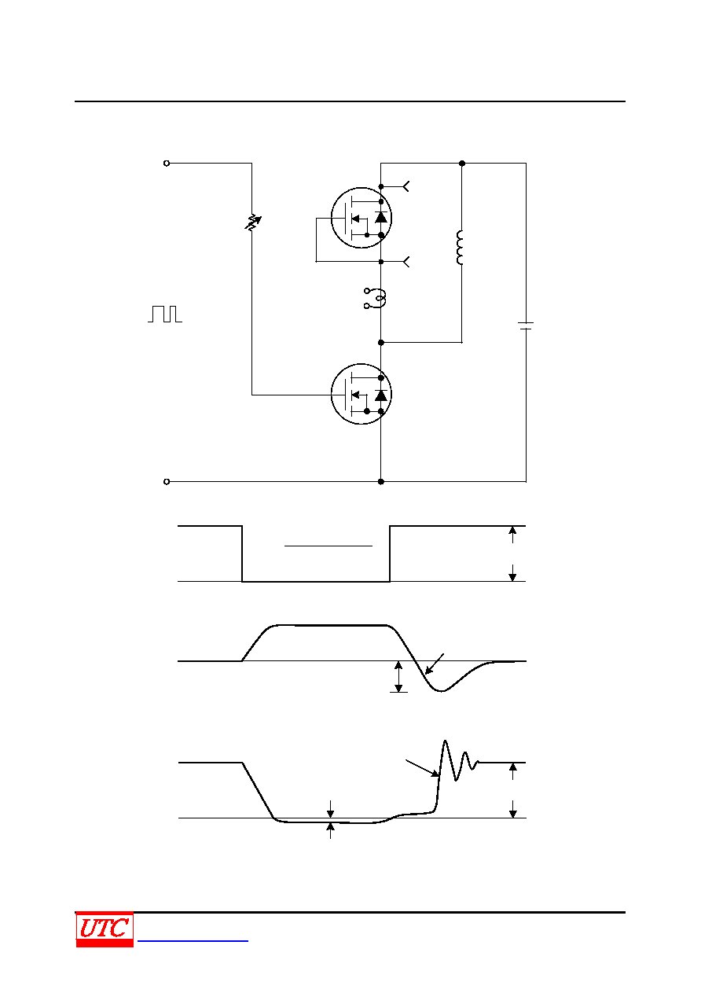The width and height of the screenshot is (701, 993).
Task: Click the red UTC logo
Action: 105,929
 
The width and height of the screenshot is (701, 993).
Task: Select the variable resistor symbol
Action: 252,223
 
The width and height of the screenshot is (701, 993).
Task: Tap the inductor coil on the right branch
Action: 460,248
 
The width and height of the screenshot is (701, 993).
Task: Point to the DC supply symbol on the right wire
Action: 526,325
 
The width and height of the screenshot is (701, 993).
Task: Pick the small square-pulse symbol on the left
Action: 165,314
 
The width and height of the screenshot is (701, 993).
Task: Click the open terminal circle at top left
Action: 167,163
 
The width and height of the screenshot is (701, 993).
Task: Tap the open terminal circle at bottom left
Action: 167,481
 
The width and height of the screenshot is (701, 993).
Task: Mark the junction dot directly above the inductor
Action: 462,163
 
